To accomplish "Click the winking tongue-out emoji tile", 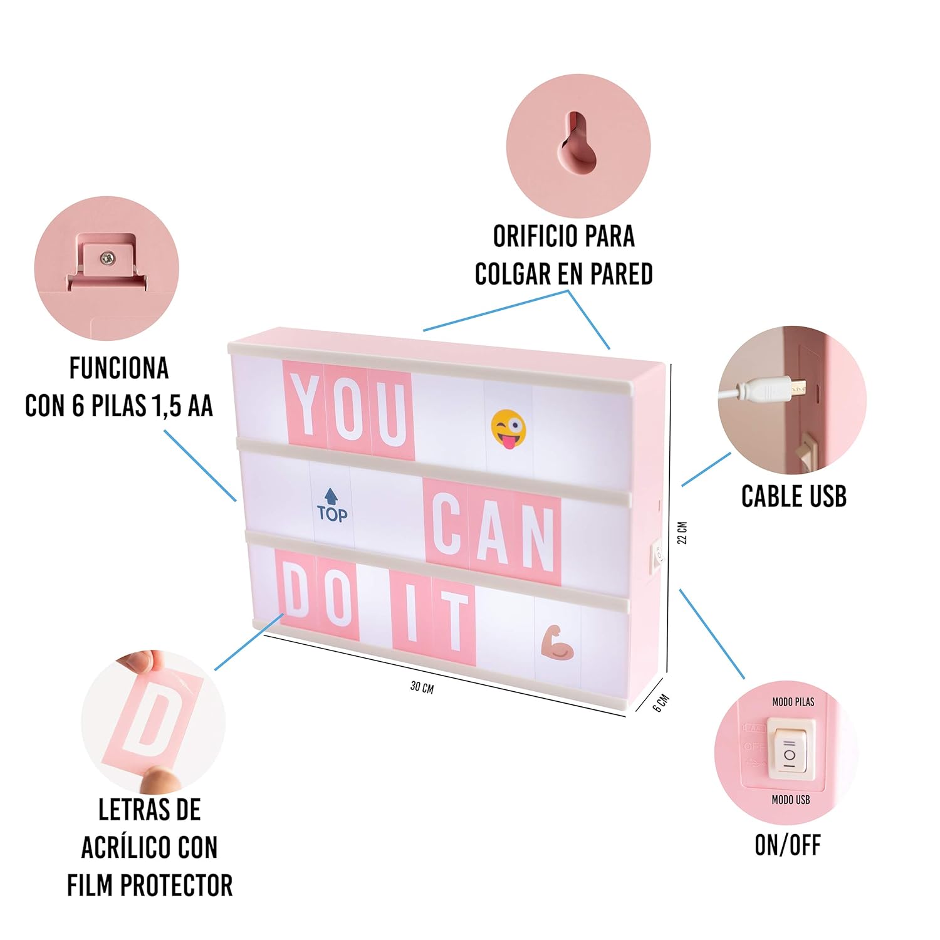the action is tap(508, 429).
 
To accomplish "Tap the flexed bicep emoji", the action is tap(557, 642).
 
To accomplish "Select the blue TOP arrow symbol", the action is tap(332, 506).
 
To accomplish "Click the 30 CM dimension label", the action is tap(422, 687).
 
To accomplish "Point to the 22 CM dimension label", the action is tap(683, 533).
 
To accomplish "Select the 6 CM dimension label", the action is tap(661, 703).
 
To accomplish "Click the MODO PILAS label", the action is tap(793, 702).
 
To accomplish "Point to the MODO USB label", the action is tap(791, 800).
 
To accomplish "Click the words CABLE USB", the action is tap(794, 496).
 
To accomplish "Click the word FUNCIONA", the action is tap(119, 368).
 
